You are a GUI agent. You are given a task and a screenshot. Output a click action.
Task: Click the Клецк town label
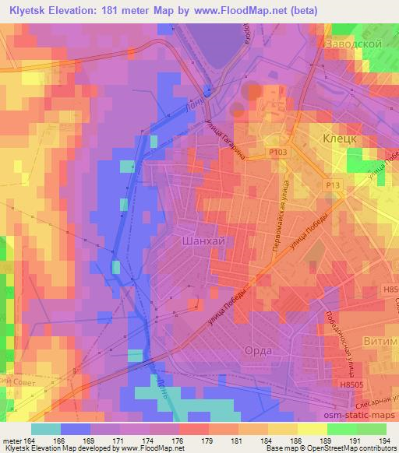point(340,137)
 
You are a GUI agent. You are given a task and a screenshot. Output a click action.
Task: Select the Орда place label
point(258,351)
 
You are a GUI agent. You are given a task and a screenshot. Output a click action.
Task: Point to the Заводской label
point(355,44)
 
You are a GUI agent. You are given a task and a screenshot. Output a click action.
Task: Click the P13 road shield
point(334,184)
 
